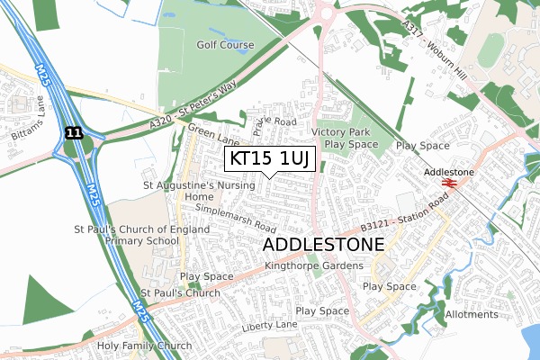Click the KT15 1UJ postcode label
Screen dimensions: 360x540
click(x=269, y=159)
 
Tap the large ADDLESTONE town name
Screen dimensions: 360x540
click(x=323, y=245)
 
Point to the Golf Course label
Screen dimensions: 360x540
click(x=226, y=43)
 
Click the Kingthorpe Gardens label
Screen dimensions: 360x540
click(x=314, y=265)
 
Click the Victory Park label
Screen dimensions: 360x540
click(x=340, y=131)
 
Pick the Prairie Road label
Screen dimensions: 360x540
click(x=274, y=121)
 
